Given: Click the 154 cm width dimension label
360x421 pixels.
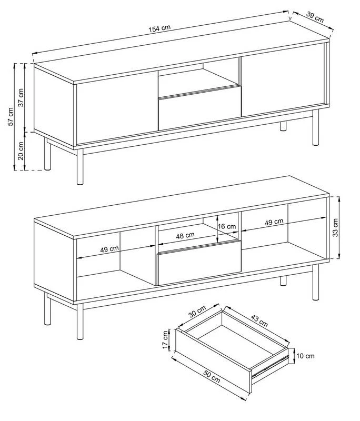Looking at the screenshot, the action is tap(159, 28).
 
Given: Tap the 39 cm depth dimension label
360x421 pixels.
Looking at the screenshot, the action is tap(315, 17).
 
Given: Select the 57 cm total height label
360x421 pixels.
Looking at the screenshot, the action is tap(10, 116).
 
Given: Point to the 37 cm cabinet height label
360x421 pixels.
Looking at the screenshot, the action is tap(21, 97).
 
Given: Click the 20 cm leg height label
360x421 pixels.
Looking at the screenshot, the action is tap(21, 151).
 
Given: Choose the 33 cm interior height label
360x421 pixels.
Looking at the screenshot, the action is tap(335, 227).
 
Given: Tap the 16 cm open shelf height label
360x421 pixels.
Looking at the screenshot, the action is tap(227, 226).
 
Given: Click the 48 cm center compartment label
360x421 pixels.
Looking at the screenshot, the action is tap(185, 236).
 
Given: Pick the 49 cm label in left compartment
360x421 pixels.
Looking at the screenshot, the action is tap(109, 249).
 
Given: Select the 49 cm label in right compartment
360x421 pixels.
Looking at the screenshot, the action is tap(274, 222).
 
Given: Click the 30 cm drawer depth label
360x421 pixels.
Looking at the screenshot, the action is tap(197, 312).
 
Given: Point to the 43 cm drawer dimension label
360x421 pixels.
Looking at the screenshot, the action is tap(259, 320).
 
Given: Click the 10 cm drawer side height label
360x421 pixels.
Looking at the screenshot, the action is tap(305, 356).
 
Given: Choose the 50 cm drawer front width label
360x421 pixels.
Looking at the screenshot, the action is tap(212, 376).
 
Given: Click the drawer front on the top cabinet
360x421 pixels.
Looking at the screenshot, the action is tap(199, 113).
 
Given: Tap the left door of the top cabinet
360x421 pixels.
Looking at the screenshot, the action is tap(117, 107).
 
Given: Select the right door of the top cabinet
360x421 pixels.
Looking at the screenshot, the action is tap(284, 80).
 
